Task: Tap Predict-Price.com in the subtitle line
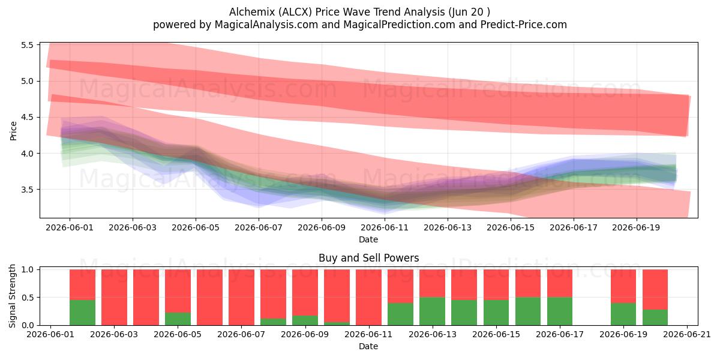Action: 524,25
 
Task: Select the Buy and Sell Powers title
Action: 368,258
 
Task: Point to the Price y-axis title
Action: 13,131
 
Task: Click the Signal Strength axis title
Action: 12,296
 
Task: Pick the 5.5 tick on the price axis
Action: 28,45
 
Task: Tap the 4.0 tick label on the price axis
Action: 28,154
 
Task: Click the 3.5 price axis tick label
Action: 28,190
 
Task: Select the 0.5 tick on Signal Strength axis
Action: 28,298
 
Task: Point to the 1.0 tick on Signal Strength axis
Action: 28,269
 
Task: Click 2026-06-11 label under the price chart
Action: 385,227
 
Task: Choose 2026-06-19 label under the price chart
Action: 636,227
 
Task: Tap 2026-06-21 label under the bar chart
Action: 687,334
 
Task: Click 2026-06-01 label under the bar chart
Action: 50,334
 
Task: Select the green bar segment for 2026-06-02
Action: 82,313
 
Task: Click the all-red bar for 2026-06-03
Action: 114,298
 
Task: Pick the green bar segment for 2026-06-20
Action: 655,317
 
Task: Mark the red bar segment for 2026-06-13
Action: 433,283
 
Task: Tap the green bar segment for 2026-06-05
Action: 178,319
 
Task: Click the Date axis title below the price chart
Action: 368,239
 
